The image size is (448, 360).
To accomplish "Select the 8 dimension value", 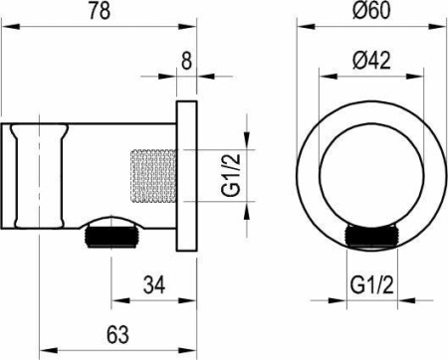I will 186,60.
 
